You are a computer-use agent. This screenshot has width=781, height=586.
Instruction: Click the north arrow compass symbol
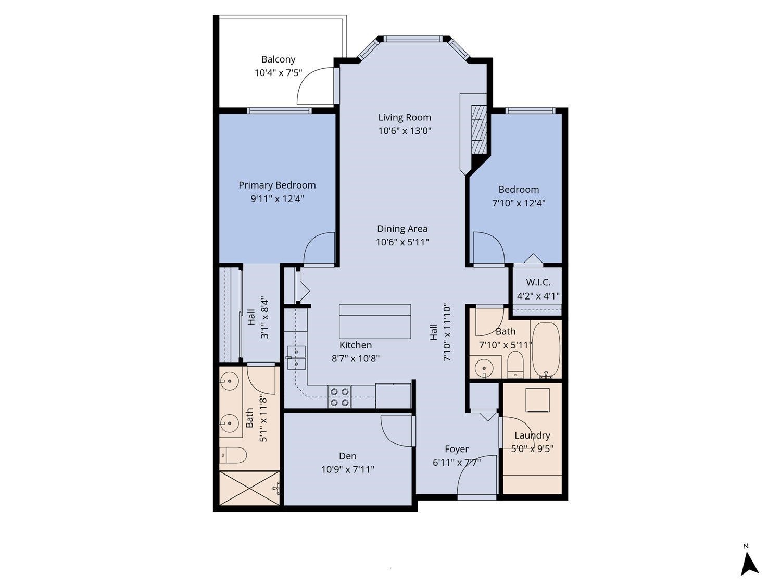749,564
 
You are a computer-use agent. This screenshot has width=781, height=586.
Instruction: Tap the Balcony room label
278,59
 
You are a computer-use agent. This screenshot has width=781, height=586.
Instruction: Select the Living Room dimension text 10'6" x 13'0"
405,131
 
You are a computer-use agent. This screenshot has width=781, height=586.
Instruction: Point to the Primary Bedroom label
277,185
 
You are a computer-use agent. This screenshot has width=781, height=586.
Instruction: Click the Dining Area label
402,229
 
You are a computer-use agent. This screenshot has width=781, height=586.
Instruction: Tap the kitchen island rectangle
375,321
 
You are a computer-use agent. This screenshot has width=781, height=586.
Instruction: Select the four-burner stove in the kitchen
339,397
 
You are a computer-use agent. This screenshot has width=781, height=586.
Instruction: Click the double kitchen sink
296,357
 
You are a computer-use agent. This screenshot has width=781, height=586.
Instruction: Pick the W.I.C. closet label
538,282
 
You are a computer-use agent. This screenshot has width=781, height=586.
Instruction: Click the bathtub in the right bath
546,349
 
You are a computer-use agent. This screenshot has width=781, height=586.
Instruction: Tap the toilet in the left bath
233,456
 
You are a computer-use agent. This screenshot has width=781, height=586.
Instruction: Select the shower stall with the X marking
250,488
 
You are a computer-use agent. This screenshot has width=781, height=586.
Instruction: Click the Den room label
347,456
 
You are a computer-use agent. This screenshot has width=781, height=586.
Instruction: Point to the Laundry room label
532,435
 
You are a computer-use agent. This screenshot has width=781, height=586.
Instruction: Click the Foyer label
457,449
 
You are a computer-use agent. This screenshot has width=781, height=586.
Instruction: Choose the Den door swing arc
396,431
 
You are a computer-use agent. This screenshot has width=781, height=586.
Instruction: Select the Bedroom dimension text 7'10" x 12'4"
519,203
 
